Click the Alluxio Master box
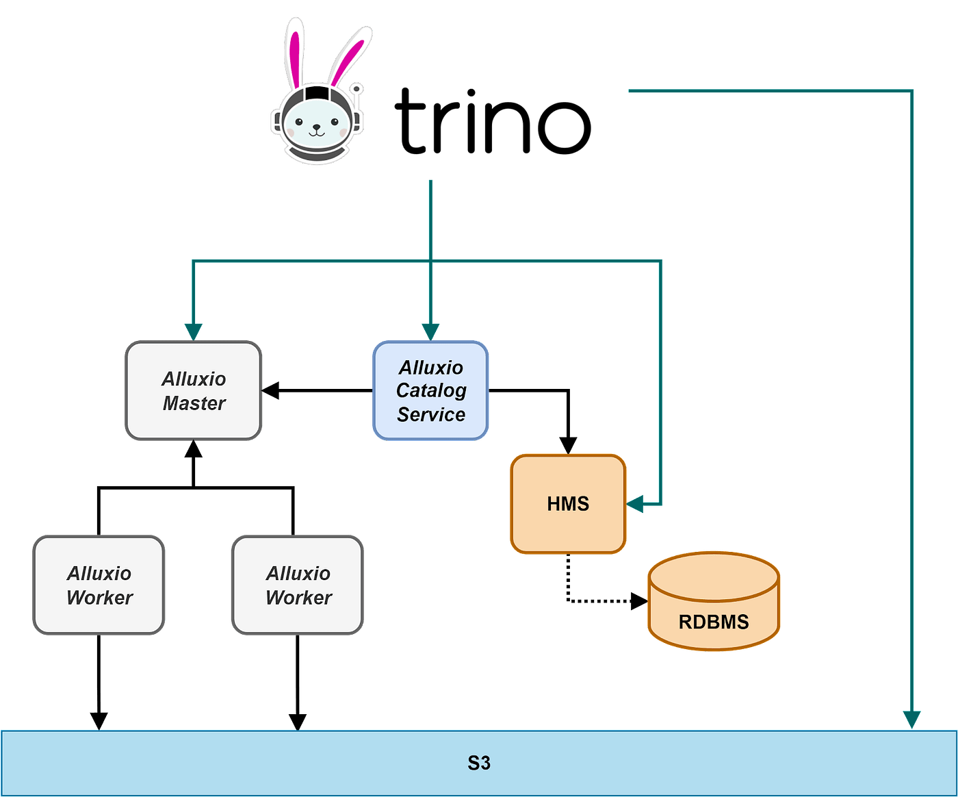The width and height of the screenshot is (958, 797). point(194,390)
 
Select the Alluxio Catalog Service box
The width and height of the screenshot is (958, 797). point(430,390)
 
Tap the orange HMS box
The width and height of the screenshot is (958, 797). point(568,503)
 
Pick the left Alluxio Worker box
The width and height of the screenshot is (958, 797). point(99,585)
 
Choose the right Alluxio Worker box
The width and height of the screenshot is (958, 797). point(298,585)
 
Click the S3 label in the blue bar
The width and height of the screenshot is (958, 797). point(479,763)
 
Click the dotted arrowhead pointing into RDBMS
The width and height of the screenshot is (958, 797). point(639,601)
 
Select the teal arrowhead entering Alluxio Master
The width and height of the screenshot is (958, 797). point(194,331)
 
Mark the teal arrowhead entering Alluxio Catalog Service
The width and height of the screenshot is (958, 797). point(430,331)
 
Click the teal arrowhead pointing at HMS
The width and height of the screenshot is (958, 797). point(635,505)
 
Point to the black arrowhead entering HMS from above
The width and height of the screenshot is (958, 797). point(568,445)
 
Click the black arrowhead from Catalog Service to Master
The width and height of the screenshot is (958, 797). point(271,391)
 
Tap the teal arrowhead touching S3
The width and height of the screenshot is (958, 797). point(911,720)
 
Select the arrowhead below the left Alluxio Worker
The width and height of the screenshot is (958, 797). point(99,720)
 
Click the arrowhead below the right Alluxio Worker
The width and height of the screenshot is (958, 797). point(297,720)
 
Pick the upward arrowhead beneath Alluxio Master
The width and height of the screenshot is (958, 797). point(194,449)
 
